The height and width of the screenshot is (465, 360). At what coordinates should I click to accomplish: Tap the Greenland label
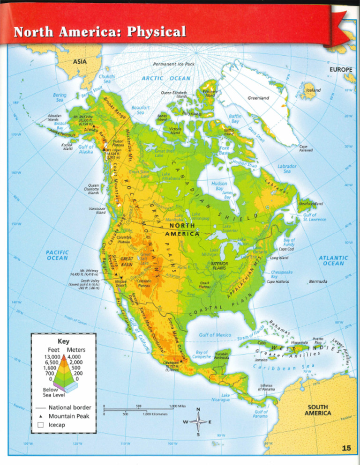tap(258, 98)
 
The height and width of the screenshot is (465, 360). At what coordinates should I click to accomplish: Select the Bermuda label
tap(318, 281)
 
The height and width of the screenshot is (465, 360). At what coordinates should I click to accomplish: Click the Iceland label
tap(313, 90)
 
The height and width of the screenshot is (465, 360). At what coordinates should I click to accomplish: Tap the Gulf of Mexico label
tap(215, 335)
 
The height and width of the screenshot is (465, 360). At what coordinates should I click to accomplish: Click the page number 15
tap(346, 448)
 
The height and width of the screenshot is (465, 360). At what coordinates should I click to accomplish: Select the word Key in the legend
tap(63, 341)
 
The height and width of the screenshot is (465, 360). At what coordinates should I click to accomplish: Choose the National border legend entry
tap(70, 408)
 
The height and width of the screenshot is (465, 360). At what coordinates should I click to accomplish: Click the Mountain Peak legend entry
tap(68, 416)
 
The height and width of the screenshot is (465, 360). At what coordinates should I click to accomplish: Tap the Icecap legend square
tap(40, 425)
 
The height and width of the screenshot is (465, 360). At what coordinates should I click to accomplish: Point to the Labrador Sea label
tap(287, 169)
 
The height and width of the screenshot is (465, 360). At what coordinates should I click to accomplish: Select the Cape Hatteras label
tap(277, 282)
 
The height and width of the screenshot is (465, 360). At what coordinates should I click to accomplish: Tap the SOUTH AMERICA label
tap(318, 410)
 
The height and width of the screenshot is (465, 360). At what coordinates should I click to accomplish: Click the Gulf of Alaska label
tap(86, 149)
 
